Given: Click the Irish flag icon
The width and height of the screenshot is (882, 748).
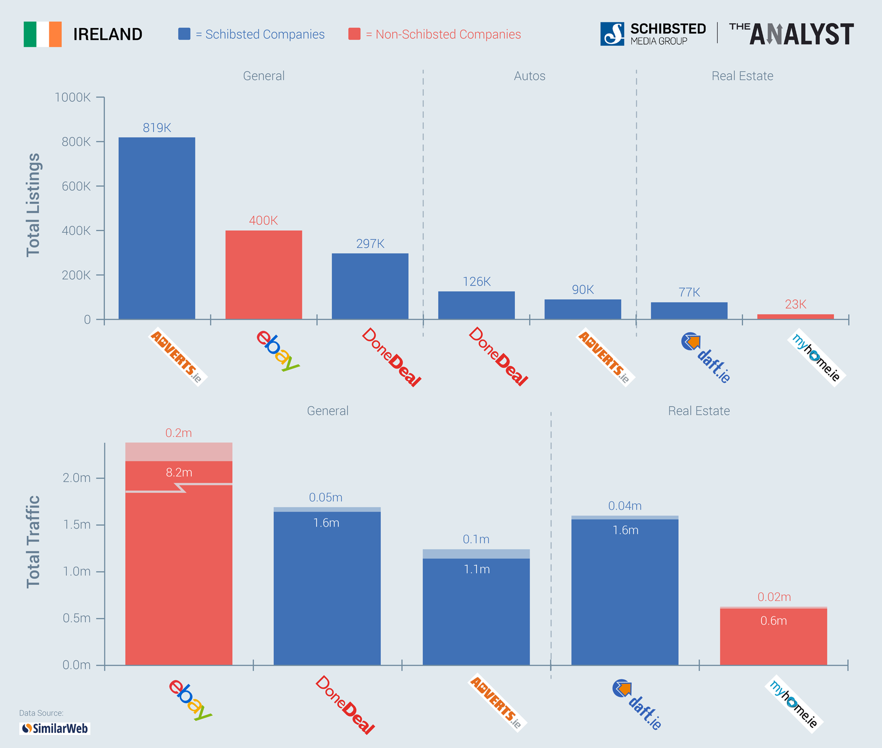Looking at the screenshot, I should tap(43, 34).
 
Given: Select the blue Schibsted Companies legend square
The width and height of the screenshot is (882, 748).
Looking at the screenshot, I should tap(184, 34).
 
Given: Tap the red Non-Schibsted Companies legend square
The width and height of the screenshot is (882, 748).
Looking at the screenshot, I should tap(354, 34).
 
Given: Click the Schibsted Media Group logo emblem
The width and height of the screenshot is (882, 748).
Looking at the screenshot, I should tap(612, 34).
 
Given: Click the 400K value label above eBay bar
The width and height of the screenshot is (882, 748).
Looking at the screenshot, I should tap(263, 220).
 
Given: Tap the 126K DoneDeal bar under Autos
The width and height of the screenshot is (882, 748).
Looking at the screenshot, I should tap(476, 305).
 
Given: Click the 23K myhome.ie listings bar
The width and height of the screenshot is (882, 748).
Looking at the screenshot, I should tap(795, 317).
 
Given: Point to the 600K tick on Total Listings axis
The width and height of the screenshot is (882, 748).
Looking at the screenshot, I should tap(76, 186).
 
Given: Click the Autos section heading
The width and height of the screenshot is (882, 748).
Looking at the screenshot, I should tap(529, 76).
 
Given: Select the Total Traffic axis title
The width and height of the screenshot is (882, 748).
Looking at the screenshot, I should tap(33, 542).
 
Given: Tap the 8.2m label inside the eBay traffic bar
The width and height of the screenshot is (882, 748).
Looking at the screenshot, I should tap(179, 472).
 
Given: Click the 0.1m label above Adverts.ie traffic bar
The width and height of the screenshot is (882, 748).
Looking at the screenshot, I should tap(476, 539).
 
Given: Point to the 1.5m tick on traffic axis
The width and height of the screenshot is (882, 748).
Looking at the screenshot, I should tap(76, 524).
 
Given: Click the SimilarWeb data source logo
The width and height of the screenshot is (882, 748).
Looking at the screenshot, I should tap(55, 728).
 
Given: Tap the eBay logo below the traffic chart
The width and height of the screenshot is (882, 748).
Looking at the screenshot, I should tap(190, 699).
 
